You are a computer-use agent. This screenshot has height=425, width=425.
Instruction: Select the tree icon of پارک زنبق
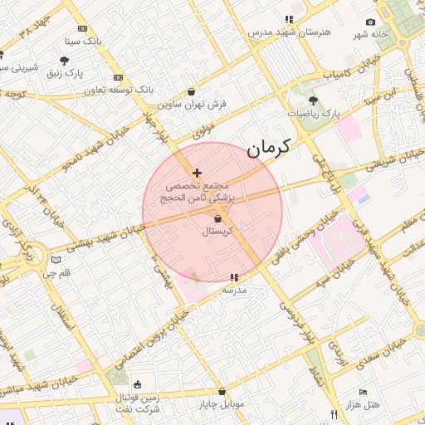click(64, 61)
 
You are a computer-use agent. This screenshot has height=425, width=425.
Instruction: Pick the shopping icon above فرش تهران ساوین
click(193, 92)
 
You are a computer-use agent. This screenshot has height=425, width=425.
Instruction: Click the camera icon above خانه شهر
click(370, 22)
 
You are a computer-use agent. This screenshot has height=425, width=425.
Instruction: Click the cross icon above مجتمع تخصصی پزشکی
click(196, 173)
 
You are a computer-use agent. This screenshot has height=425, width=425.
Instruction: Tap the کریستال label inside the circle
click(217, 232)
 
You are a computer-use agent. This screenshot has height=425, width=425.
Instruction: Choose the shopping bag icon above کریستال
click(217, 219)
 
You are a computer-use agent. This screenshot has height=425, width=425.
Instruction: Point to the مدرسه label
click(234, 290)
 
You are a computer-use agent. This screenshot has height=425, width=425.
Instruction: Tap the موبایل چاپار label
click(221, 404)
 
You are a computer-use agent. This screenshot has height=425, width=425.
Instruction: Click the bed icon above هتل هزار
click(363, 392)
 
